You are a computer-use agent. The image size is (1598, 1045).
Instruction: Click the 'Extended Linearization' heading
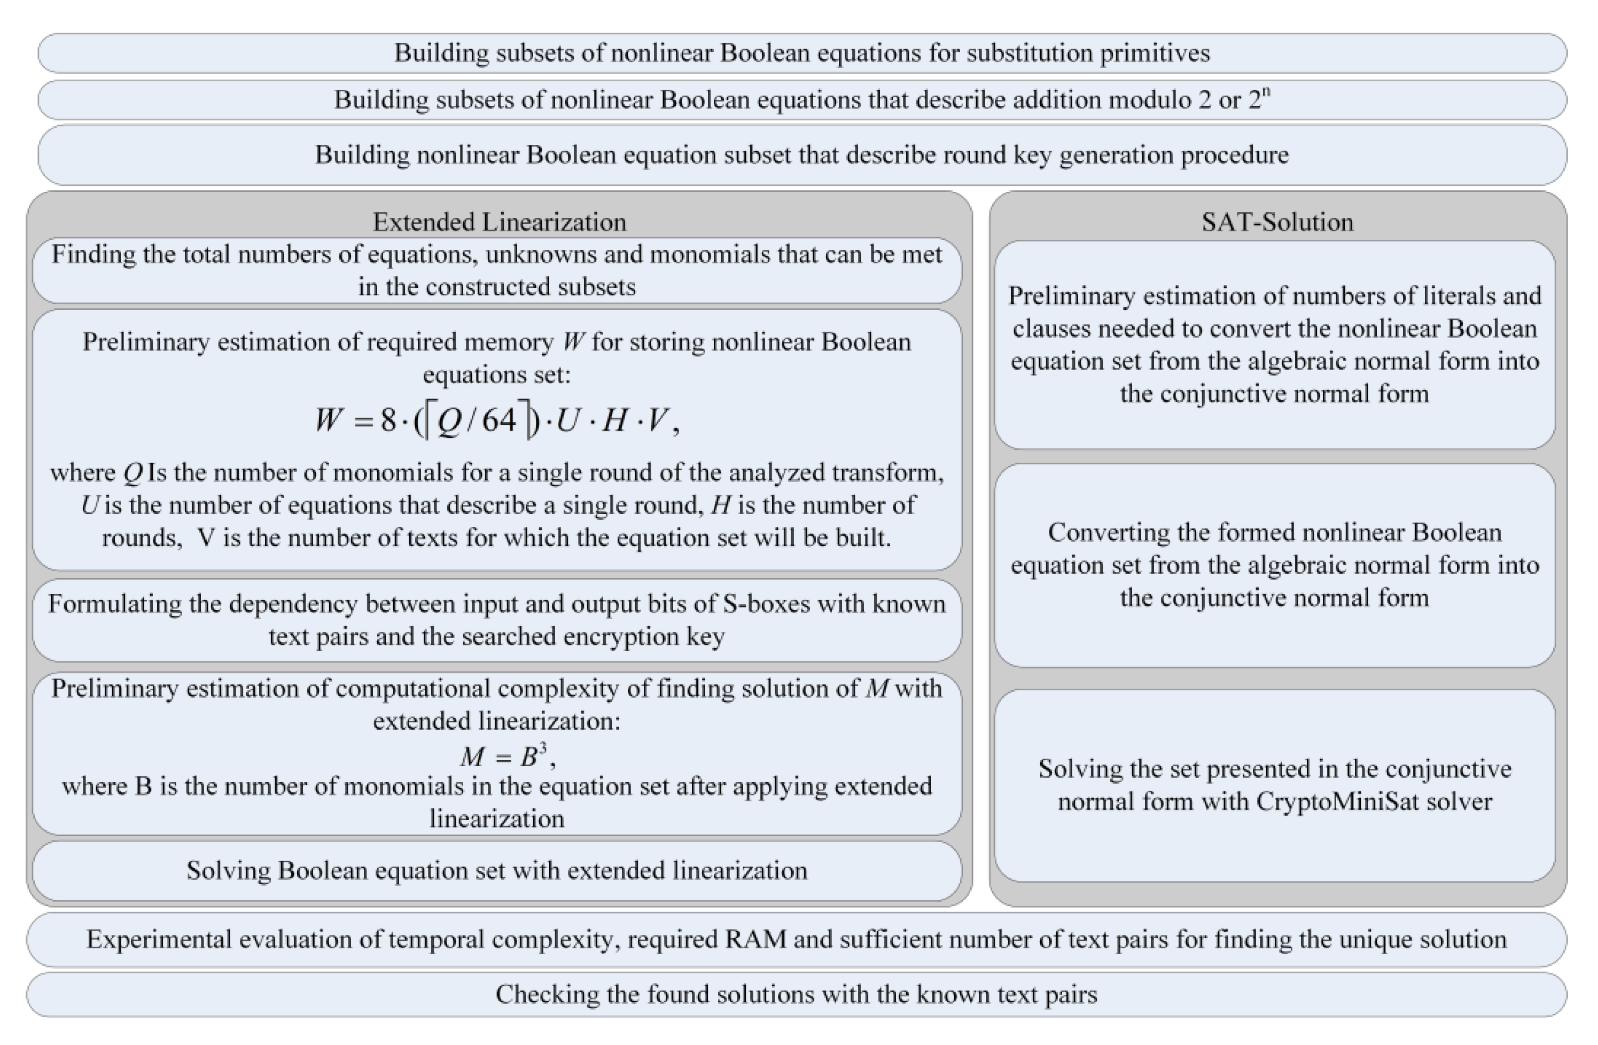tap(499, 222)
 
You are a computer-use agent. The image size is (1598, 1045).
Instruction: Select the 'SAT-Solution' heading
tap(1277, 222)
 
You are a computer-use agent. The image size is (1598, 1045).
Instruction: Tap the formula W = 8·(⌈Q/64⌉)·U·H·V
tap(497, 421)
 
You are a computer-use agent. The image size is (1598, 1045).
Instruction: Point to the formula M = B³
tap(507, 756)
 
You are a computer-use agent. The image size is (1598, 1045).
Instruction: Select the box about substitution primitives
tap(802, 53)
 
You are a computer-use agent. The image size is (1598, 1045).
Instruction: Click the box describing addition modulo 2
tap(802, 100)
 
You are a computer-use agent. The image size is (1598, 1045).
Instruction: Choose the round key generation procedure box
tap(802, 155)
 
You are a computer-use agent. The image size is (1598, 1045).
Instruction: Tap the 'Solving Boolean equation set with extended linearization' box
tap(497, 870)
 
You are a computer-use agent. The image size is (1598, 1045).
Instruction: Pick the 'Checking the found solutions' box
tap(796, 994)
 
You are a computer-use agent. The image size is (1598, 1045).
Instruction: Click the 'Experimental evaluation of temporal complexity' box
tap(796, 939)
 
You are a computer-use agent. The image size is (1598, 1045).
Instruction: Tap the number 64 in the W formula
tap(499, 420)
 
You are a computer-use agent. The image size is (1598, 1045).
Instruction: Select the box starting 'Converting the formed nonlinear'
tap(1274, 565)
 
